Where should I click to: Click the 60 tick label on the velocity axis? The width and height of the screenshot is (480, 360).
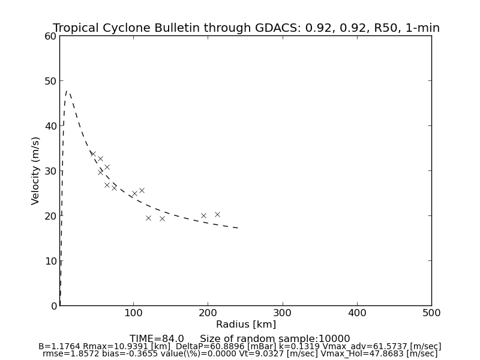click(50, 36)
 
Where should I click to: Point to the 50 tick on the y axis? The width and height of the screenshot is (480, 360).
click(50, 81)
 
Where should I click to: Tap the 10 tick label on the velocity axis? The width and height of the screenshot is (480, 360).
click(50, 261)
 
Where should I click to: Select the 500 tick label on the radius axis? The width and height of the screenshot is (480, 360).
click(431, 313)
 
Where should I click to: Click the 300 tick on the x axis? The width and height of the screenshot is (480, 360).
click(283, 313)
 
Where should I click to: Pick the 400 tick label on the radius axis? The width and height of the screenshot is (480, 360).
click(357, 313)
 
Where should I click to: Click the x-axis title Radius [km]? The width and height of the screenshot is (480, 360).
click(245, 325)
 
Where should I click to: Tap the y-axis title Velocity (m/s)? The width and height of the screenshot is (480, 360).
click(36, 170)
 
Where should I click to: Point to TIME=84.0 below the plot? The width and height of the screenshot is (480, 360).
click(157, 339)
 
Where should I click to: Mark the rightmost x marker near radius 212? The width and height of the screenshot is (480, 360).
click(217, 214)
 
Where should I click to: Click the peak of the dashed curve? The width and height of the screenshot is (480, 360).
click(67, 92)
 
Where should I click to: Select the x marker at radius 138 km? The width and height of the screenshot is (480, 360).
click(162, 218)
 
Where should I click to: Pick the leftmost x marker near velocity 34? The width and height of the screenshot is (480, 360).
click(93, 154)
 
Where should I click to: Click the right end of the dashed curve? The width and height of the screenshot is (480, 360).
click(238, 228)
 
